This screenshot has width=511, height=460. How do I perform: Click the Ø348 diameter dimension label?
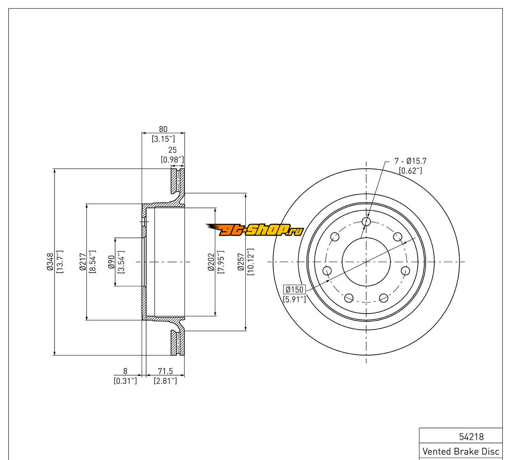point(50,262)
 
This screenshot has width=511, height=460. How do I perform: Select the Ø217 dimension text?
point(82,262)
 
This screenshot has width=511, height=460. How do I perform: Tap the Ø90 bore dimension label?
point(111,262)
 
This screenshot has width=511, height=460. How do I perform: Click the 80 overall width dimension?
point(163,129)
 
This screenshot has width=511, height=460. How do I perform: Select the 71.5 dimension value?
point(166,371)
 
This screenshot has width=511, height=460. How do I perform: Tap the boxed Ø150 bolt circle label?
point(294,290)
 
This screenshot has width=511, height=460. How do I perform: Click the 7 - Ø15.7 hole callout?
point(411,161)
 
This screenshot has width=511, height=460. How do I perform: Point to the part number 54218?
point(471,437)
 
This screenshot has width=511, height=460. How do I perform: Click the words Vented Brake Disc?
point(461,451)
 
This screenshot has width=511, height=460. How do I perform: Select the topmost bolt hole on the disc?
point(366,221)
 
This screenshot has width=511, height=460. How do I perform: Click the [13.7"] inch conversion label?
point(60,262)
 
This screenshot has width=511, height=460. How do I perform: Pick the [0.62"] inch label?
point(411,171)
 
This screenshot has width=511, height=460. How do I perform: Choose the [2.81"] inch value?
point(166,381)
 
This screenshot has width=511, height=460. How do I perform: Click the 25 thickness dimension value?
point(172,150)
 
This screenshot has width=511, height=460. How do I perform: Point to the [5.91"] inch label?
point(294,300)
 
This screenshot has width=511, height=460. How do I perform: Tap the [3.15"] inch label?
point(163,139)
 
